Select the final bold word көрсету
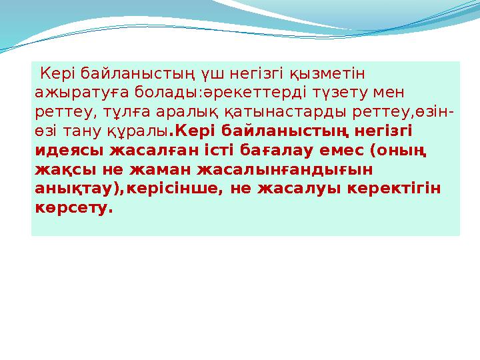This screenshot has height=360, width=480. pos(73,207)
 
